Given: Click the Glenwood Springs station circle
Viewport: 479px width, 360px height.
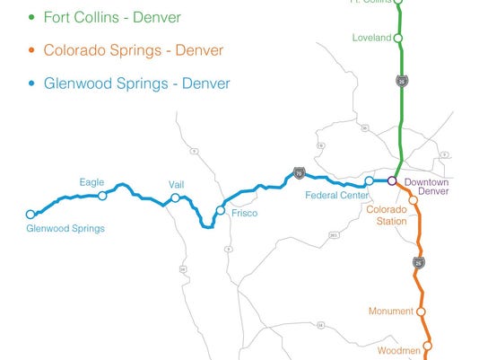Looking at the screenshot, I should click(30, 214).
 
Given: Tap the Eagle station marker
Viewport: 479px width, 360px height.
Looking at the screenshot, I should click(102, 196).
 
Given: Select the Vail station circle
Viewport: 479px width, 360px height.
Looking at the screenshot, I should click(176, 198).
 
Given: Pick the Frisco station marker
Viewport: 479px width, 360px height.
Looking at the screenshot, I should click(221, 211).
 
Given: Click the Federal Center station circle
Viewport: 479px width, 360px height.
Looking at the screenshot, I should click(369, 180).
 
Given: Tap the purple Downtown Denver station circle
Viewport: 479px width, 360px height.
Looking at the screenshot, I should click(391, 180).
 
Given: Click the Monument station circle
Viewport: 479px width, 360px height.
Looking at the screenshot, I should click(421, 312).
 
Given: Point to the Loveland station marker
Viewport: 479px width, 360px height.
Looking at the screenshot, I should click(399, 38).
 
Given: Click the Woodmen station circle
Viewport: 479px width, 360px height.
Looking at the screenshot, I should click(429, 345).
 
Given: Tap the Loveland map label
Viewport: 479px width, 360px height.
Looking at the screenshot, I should click(371, 38).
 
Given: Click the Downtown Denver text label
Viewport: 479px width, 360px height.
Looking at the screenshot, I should click(425, 187).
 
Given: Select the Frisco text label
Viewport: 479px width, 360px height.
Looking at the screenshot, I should click(244, 214).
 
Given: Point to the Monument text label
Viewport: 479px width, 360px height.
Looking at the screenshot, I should click(389, 312).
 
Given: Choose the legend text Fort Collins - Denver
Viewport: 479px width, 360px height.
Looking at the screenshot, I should click(117, 17).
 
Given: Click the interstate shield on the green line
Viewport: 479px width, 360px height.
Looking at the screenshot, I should click(401, 82).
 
